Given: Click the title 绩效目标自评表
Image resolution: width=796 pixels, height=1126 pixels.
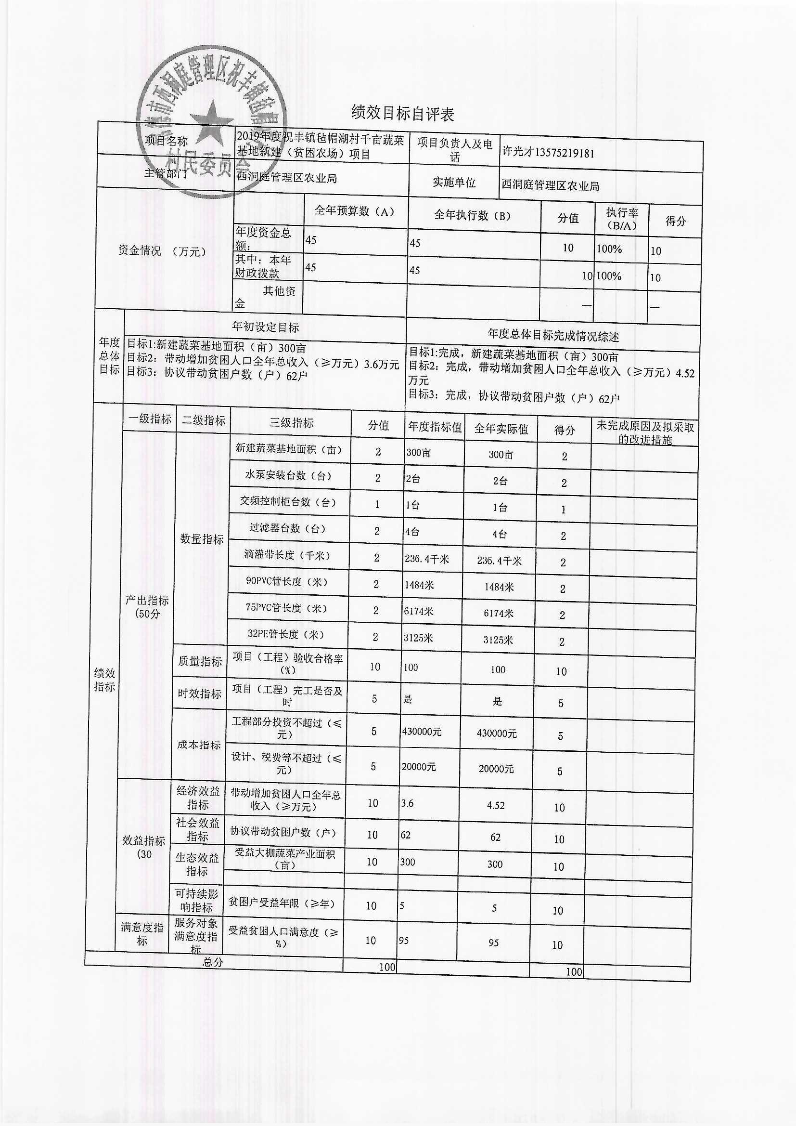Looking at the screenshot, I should point(402,113).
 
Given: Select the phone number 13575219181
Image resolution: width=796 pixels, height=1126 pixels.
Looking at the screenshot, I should point(565,153).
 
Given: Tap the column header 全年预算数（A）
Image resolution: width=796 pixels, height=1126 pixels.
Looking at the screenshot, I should point(354,211).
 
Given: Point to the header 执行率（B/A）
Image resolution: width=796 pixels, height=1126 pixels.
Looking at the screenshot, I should point(621,219).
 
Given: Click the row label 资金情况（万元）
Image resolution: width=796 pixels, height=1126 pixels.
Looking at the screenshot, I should point(162,251).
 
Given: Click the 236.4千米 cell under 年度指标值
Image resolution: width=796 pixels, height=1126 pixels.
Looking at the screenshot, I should point(426,559).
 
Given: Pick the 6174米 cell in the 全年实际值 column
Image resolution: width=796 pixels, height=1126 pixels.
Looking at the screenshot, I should point(499,613).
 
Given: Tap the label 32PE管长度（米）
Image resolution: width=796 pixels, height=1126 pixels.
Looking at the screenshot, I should point(286,634).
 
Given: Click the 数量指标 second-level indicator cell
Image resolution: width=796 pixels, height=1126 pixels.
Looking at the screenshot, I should point(202,539).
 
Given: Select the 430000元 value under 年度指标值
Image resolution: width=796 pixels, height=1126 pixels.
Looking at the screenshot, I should point(422,732).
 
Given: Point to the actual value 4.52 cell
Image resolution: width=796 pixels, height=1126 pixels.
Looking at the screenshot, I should point(496,805).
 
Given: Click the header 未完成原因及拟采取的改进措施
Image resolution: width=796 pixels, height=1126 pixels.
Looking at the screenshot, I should point(644,432).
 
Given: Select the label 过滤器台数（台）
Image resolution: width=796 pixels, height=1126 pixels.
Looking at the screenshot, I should point(287,528).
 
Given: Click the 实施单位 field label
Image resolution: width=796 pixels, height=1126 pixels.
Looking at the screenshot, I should point(453,183).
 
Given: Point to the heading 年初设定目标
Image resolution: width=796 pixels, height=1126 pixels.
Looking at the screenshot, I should point(265,327).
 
